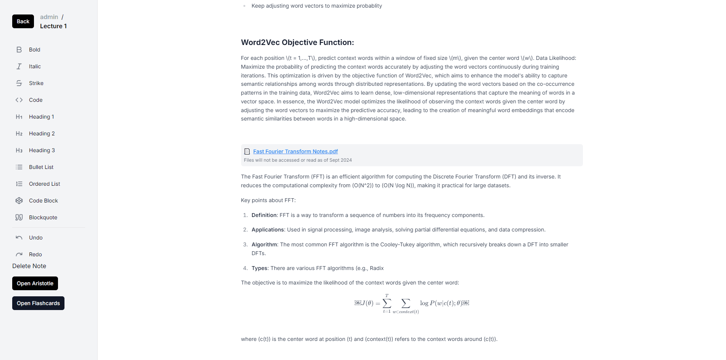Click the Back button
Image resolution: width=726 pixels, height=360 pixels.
point(23,21)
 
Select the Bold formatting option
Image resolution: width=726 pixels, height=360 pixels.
point(34,50)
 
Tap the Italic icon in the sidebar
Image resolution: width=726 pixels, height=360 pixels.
point(19,66)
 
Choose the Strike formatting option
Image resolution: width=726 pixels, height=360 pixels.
point(36,83)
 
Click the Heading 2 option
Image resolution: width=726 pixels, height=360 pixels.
point(42,133)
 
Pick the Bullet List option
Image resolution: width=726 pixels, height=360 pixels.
point(41,167)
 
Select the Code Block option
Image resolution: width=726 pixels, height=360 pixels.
point(43,201)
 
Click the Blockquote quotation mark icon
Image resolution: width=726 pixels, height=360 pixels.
point(19,217)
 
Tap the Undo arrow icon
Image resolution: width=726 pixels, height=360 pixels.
point(19,238)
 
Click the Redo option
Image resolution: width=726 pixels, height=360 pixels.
point(35,254)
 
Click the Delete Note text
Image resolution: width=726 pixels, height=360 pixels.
point(29,266)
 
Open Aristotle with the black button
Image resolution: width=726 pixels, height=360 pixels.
point(35,283)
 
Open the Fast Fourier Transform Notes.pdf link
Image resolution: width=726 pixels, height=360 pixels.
point(295,151)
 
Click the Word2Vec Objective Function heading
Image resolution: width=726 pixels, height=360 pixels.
point(297,42)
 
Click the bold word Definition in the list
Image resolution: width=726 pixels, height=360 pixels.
point(264,215)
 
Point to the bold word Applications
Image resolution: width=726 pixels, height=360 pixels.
point(267,230)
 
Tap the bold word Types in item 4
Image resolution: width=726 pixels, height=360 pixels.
point(259,268)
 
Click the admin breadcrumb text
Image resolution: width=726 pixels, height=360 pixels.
point(49,17)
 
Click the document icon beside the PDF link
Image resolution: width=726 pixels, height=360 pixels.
point(247,151)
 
